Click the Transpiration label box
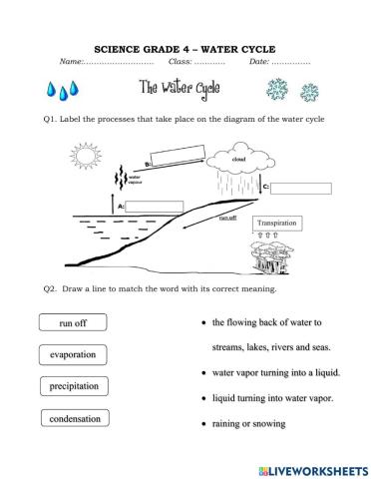tap(278, 224)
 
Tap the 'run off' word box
tap(73, 323)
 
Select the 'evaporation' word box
tap(73, 354)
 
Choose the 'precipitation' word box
tap(73, 386)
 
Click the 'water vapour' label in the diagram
tap(136, 181)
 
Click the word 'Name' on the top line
tap(71, 62)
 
